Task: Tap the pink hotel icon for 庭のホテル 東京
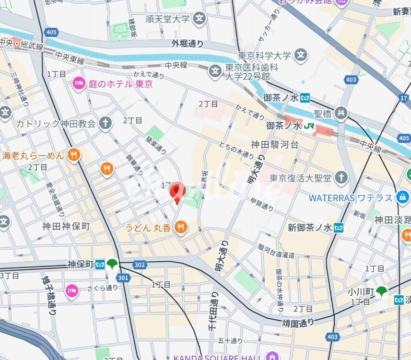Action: [x=78, y=84]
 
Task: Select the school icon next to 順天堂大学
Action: [x=200, y=19]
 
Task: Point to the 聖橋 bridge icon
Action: [x=341, y=114]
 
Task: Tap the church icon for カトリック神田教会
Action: [x=106, y=123]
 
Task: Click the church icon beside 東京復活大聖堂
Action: [x=341, y=178]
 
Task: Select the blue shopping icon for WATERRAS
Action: [x=402, y=197]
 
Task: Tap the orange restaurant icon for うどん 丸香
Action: [x=181, y=227]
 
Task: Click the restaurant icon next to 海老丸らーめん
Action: [x=73, y=155]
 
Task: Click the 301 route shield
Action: [x=123, y=277]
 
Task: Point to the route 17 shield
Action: [x=403, y=98]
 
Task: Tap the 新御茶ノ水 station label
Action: [x=310, y=227]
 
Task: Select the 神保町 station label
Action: [x=79, y=264]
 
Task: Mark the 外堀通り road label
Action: [x=188, y=44]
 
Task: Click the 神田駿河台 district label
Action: [x=274, y=144]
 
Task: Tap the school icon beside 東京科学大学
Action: [x=301, y=56]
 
